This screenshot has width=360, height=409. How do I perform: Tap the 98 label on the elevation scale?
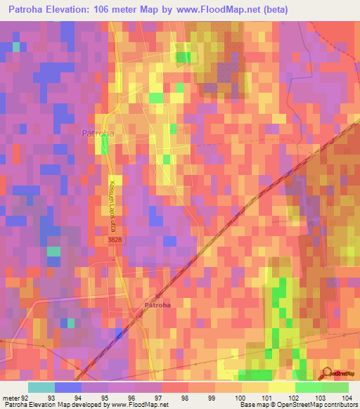(x=186, y=397)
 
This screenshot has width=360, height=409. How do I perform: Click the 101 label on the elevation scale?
(x=266, y=397)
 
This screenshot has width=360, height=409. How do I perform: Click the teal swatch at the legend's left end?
(x=41, y=387)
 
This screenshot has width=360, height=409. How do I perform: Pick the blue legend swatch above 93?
(x=67, y=387)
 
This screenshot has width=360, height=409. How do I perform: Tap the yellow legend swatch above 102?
(x=281, y=387)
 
